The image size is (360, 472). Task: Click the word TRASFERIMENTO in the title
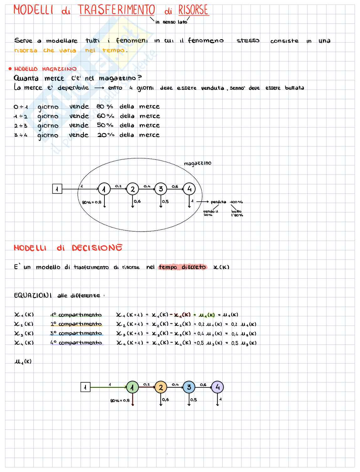point(116,10)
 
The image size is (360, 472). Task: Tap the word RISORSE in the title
point(193,10)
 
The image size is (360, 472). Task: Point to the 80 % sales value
point(105,107)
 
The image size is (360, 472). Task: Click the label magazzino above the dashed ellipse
point(198,163)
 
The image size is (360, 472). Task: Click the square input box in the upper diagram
point(57,189)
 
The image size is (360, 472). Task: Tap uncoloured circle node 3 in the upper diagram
point(161,189)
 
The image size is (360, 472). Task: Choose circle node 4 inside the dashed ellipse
point(189,189)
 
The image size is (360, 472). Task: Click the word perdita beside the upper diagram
point(218,202)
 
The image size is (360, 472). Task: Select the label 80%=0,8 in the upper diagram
point(92,202)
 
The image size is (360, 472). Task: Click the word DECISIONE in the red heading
point(97,248)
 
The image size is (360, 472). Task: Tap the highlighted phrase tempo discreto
point(182,267)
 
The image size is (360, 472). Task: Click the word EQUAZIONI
point(33,295)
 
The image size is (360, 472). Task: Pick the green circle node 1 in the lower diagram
point(132,387)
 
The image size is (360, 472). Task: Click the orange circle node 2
point(161,387)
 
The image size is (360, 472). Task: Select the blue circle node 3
point(189,387)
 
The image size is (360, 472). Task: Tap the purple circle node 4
point(217,387)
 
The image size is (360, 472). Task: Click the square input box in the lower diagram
point(85,387)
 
